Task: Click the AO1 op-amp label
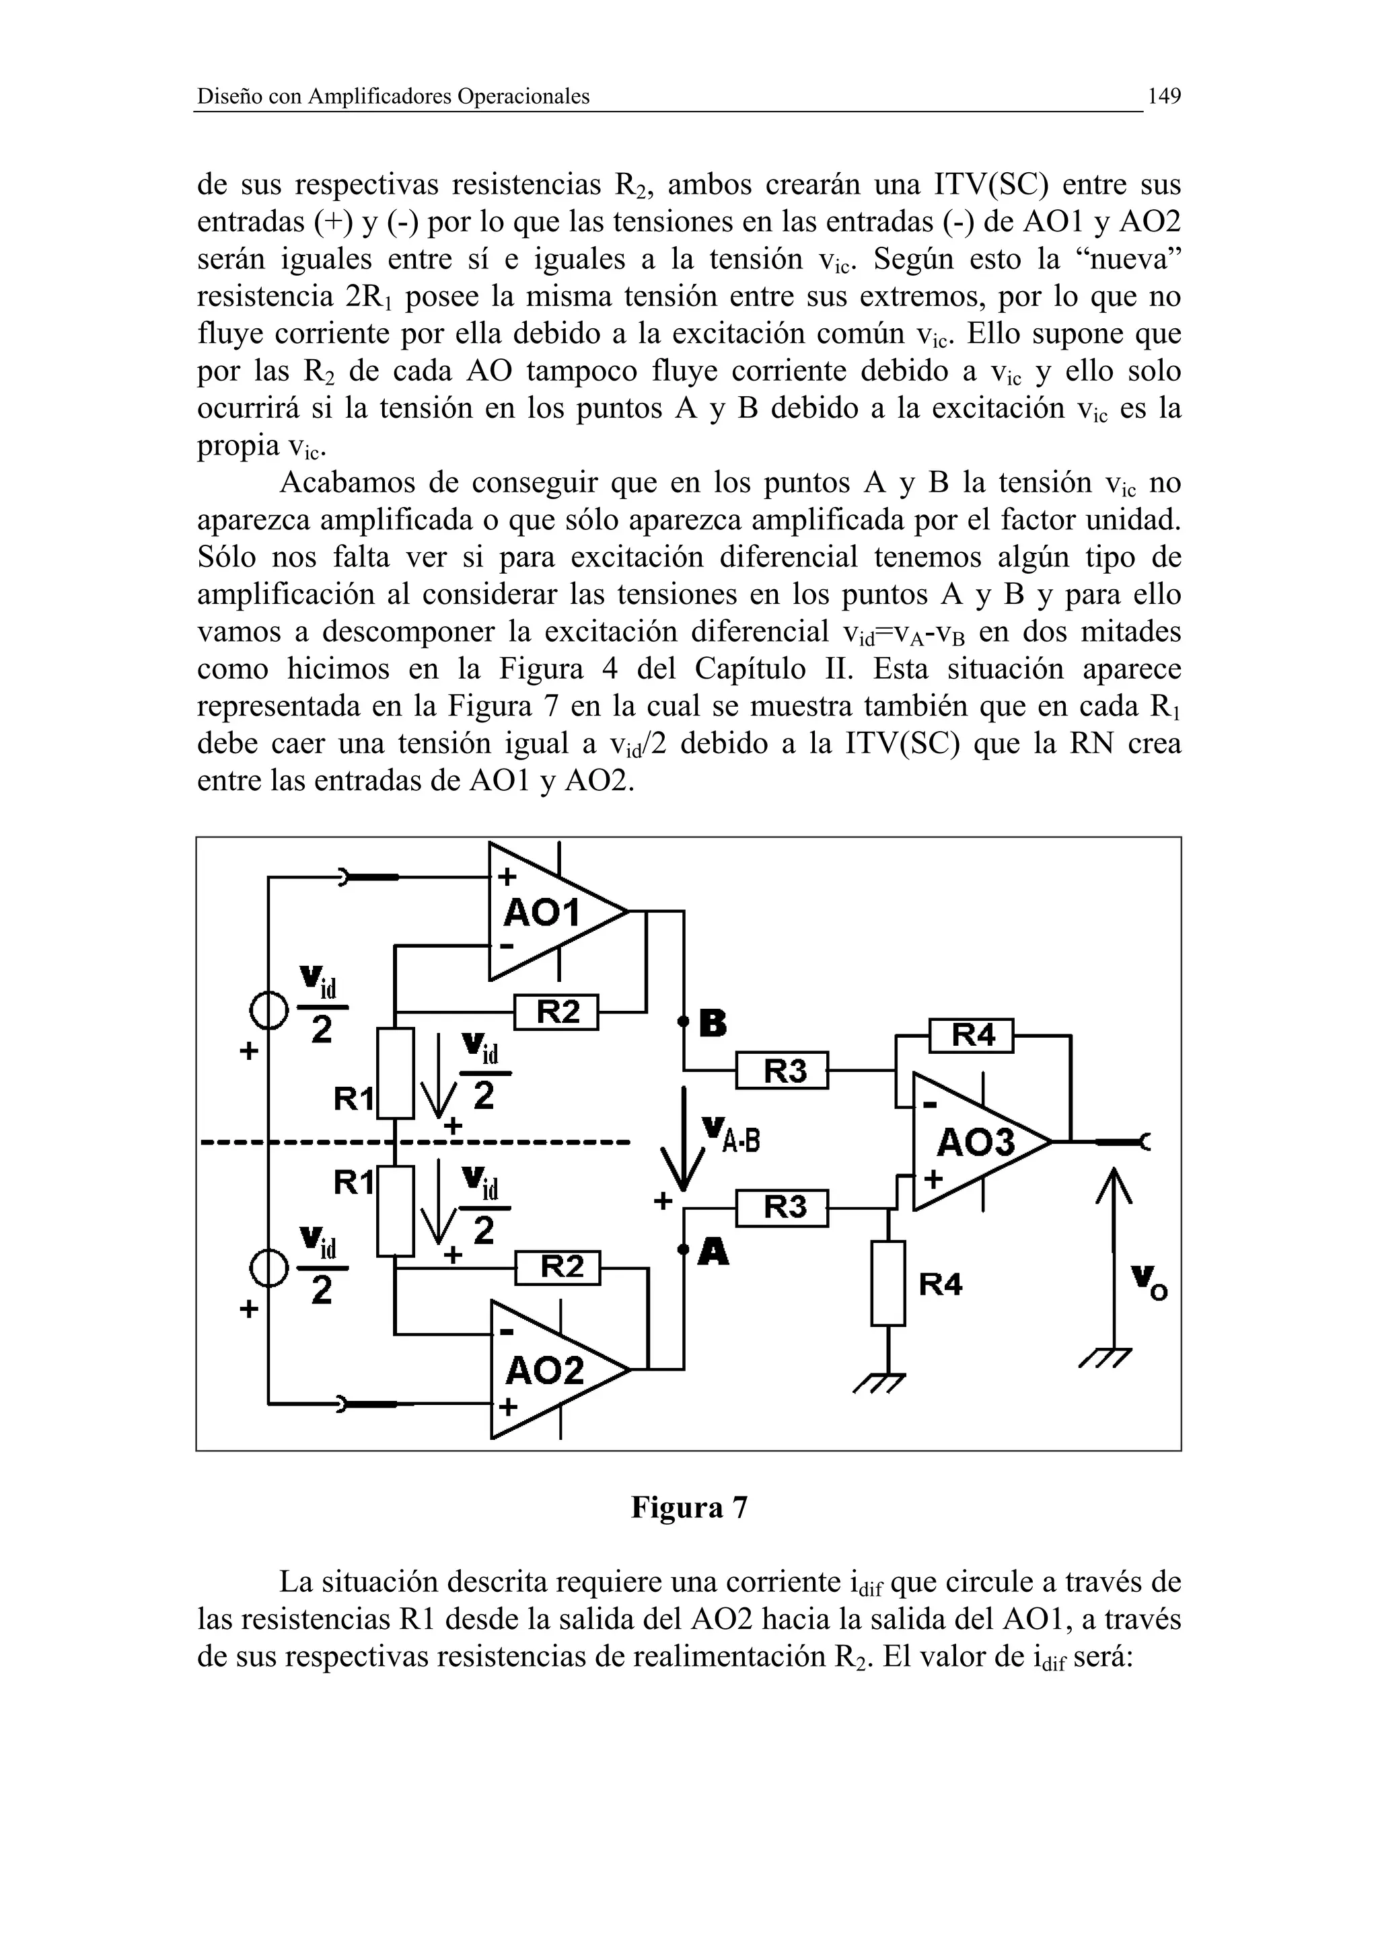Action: pyautogui.click(x=541, y=913)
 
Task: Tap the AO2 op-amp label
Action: pyautogui.click(x=544, y=1370)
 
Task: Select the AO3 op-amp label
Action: pyautogui.click(x=976, y=1143)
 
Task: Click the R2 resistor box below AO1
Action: pyautogui.click(x=557, y=1012)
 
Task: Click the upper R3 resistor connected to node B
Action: pyautogui.click(x=782, y=1071)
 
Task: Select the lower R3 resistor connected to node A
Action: pyautogui.click(x=782, y=1207)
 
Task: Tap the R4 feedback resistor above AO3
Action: pyautogui.click(x=972, y=1035)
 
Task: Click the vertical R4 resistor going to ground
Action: pyautogui.click(x=888, y=1283)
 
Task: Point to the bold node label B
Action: pyautogui.click(x=713, y=1024)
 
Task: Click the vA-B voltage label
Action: pyautogui.click(x=729, y=1136)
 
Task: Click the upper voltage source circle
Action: pyautogui.click(x=267, y=1011)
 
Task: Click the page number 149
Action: pyautogui.click(x=1163, y=96)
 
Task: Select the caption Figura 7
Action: pyautogui.click(x=688, y=1508)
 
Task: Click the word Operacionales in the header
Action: pyautogui.click(x=522, y=97)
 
